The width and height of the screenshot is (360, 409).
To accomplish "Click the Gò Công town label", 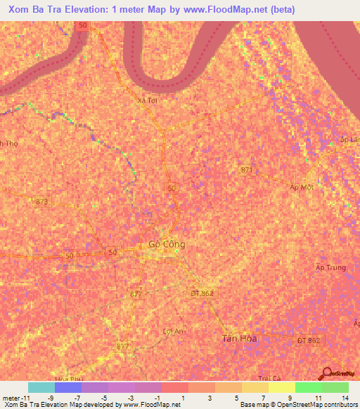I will (167, 245).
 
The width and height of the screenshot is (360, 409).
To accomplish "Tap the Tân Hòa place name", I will (240, 338).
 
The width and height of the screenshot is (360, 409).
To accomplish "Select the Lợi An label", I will (172, 331).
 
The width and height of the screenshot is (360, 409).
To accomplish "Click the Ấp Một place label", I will (301, 187).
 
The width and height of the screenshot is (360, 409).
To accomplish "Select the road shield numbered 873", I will (43, 202).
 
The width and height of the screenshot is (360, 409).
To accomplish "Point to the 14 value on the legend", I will (345, 398).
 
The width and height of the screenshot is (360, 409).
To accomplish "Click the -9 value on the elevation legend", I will (51, 398).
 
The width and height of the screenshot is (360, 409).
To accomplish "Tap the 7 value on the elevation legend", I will (265, 398).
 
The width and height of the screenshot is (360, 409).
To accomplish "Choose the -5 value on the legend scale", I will (104, 398).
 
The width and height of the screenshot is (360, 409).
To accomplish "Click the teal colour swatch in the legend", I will (41, 387).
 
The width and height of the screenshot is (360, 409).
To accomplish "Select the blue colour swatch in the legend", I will (68, 387).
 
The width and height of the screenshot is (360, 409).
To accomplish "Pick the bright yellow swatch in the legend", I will (281, 387).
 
